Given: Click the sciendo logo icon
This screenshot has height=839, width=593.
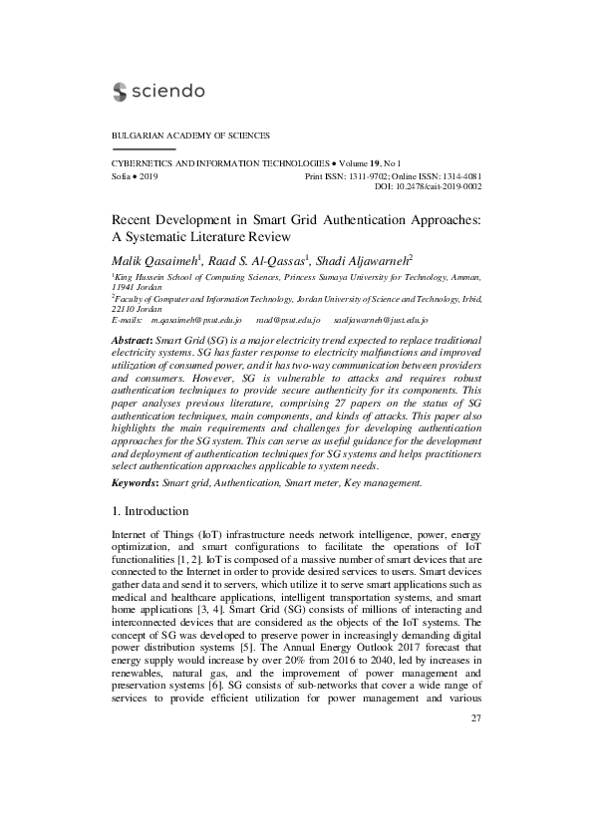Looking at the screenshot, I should [x=117, y=92].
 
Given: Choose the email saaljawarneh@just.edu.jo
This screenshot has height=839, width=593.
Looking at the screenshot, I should [x=380, y=320].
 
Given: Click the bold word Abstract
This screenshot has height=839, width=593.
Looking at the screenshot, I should [x=132, y=340].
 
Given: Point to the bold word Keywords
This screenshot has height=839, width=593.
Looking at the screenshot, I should [x=135, y=482].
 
